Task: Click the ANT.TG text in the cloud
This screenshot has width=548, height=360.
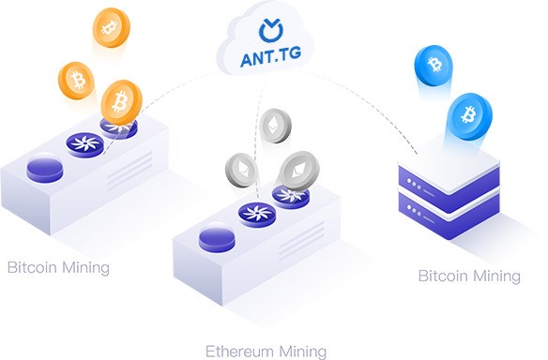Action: coord(270,57)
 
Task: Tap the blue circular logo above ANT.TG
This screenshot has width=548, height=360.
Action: coord(271,30)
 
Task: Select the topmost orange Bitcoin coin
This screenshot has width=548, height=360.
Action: coord(111,27)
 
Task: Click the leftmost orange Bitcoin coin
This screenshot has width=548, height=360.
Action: coord(76,81)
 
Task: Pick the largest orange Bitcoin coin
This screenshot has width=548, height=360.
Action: coord(121,102)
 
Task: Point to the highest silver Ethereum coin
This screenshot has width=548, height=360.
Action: coord(275,126)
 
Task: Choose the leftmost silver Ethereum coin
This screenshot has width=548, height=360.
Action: coord(241,170)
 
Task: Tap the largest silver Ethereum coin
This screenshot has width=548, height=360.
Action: coord(299,171)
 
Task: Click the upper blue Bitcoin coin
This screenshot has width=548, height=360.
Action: coord(434,66)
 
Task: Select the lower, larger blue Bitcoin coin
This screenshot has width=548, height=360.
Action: coord(469,116)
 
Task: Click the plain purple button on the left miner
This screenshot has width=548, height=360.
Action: coord(45,170)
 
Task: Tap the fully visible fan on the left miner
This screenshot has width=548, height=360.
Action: coord(85,144)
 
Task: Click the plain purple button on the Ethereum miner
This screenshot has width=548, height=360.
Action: coord(217,240)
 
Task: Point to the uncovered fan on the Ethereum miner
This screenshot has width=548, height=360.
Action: coord(257,215)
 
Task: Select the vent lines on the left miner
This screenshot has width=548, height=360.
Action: coord(130,172)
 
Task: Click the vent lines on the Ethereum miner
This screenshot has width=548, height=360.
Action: coord(302,241)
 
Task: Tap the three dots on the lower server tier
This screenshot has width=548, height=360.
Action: coord(414,210)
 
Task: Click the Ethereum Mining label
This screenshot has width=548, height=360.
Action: coord(266,351)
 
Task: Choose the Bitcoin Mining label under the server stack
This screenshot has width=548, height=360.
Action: coord(469,276)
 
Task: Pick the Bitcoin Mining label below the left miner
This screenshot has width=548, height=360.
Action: coord(58,268)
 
